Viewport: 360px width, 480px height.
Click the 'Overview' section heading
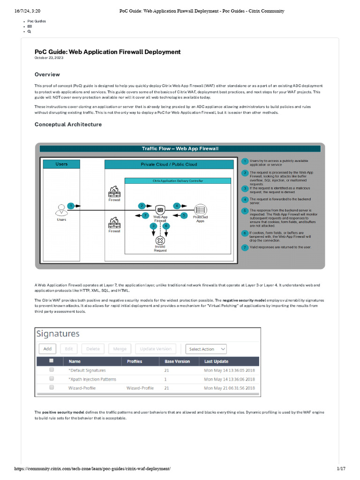click(x=47, y=75)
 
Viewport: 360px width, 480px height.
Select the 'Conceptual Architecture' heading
click(x=68, y=125)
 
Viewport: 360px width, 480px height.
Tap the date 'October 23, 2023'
click(x=49, y=58)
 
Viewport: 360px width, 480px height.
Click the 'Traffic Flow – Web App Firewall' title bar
click(x=180, y=149)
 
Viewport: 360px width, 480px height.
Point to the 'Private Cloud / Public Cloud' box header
click(x=169, y=165)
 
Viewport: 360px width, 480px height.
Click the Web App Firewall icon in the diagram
click(x=160, y=210)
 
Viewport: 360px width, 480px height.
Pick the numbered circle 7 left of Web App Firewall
click(x=145, y=215)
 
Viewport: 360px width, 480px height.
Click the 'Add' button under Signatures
click(x=48, y=349)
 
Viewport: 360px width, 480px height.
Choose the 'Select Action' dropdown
click(x=206, y=349)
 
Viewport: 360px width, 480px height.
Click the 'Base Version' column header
click(x=177, y=361)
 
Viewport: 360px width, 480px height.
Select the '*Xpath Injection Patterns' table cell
click(x=92, y=379)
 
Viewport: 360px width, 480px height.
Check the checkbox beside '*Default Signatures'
click(x=52, y=370)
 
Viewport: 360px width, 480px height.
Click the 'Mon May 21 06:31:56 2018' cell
click(x=229, y=388)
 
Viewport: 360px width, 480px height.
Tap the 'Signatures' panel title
click(x=58, y=334)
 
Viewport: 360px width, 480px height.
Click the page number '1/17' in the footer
click(x=341, y=469)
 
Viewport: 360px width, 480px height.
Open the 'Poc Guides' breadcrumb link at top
click(x=37, y=21)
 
